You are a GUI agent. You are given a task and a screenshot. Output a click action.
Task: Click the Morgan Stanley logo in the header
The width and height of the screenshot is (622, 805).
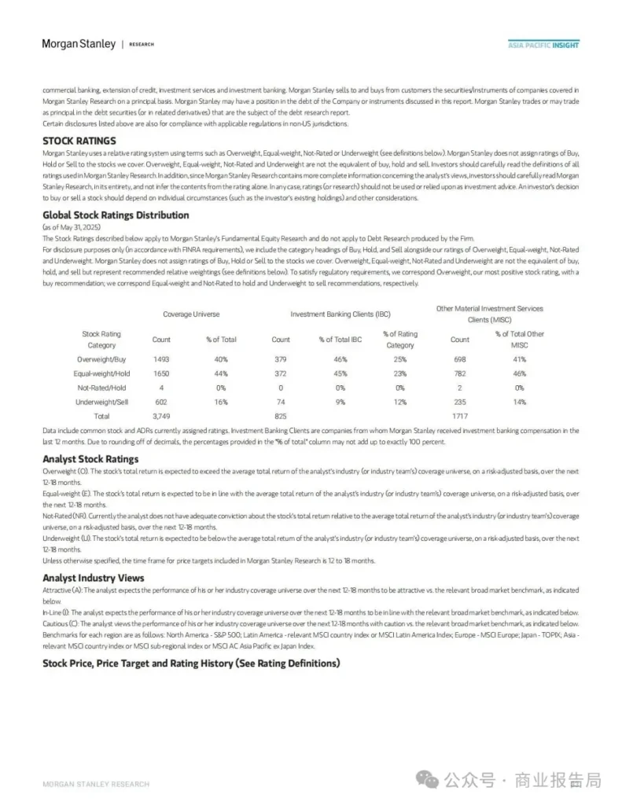tap(79, 44)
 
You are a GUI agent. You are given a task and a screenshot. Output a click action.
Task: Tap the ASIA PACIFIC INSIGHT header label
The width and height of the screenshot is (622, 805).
tap(543, 45)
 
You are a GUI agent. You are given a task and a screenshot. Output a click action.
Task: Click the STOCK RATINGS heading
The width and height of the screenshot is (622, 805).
tap(79, 141)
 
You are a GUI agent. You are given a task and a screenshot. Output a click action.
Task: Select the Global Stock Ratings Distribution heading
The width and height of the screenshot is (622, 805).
tap(116, 215)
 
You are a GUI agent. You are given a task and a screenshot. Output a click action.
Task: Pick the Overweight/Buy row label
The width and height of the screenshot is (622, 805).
tap(101, 358)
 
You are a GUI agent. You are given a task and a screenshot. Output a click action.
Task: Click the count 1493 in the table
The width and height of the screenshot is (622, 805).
tap(161, 358)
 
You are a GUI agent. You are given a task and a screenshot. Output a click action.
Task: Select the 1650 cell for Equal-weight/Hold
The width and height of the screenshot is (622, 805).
tap(161, 373)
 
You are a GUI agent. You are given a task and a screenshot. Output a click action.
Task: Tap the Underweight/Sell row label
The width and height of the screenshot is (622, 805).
tap(101, 402)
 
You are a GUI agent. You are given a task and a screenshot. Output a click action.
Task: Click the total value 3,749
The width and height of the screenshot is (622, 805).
tap(161, 416)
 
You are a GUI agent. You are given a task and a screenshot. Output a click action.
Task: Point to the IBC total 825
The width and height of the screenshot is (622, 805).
tap(281, 416)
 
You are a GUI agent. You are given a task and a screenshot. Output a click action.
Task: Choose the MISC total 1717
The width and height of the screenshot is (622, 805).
tap(460, 416)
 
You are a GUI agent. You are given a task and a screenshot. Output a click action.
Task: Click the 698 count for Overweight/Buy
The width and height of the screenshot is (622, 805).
tap(460, 358)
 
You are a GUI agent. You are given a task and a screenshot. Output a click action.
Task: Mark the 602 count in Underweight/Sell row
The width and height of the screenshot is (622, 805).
tap(161, 402)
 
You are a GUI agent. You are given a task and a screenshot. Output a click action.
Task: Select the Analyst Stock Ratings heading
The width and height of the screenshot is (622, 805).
tap(90, 459)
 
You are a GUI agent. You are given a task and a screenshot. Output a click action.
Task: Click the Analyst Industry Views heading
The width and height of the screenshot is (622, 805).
tap(93, 578)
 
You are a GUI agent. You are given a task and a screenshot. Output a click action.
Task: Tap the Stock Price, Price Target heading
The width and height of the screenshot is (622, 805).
tap(191, 663)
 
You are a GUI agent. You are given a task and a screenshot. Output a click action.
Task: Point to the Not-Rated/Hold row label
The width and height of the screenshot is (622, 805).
tap(101, 388)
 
